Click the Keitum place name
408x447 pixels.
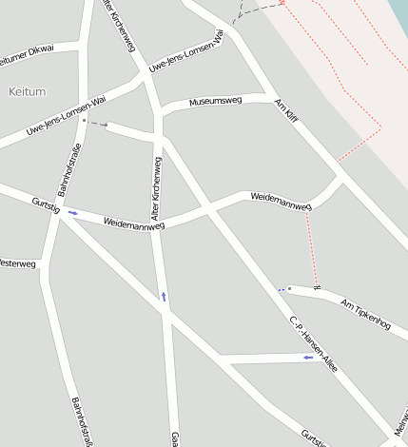[x=26, y=91]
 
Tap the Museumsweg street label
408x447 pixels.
[x=215, y=101]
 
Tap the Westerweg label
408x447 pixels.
[x=17, y=262]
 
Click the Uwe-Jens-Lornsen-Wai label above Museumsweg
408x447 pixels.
[x=186, y=56]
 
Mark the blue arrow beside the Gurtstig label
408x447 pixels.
[x=72, y=213]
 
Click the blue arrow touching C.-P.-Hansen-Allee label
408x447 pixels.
[x=307, y=358]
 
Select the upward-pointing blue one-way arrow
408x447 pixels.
[x=164, y=297]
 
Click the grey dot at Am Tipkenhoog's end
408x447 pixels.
[x=289, y=288]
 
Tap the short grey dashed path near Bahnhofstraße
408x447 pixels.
[x=98, y=124]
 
